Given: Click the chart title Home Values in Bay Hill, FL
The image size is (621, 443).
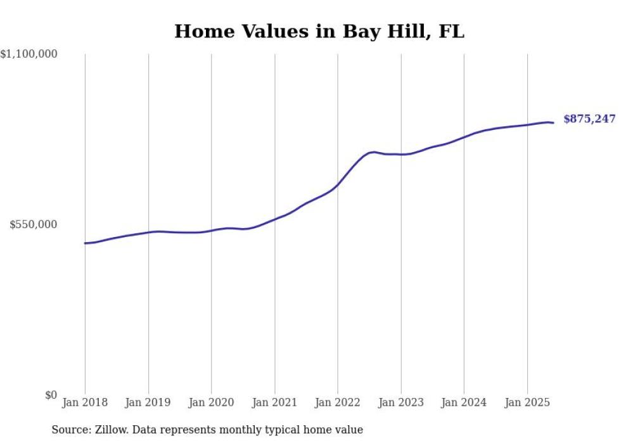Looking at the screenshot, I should point(319,31).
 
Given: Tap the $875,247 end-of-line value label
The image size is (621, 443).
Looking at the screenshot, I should point(589,119).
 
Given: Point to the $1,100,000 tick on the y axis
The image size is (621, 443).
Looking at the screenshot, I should point(29,55).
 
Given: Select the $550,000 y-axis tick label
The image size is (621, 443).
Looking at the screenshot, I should point(34,224).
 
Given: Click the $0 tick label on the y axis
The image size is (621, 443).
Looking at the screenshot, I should point(51,395).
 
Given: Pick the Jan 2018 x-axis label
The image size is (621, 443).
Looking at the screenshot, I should point(85,402).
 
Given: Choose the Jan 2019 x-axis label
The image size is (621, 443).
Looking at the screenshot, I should point(148,402).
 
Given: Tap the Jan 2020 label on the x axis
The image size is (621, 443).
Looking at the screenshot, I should point(211,402).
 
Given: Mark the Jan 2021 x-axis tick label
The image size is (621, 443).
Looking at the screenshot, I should point(274,402).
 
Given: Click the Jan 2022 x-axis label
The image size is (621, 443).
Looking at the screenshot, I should point(338,402).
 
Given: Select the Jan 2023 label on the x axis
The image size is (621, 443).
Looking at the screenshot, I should point(400,402).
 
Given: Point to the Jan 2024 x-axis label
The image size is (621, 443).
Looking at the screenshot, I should point(464,402).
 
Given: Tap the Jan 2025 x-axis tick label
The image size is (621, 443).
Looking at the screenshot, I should point(527,402).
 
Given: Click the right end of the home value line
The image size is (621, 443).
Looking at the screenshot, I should point(553,122).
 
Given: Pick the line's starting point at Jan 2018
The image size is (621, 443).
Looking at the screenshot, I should point(85,243).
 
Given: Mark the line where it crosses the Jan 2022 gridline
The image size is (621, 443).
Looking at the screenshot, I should point(338,184).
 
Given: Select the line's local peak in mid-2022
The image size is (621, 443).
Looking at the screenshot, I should point(374,151).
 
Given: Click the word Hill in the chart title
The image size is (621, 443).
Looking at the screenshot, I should point(407,31).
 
